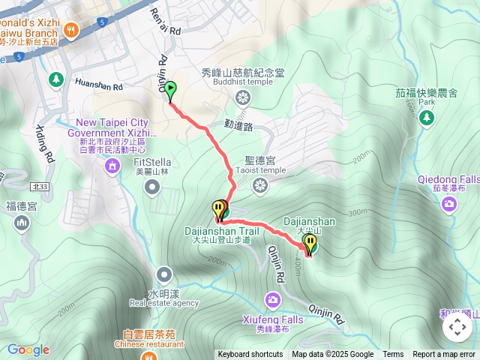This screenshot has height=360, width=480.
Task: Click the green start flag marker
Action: tap(170, 91)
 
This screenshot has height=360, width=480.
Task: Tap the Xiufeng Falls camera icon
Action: tap(272, 301)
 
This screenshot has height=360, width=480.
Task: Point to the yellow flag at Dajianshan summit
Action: tap(310, 244)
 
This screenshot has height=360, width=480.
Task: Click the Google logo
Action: tap(28, 349)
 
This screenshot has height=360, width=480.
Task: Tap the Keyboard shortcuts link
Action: tap(250, 355)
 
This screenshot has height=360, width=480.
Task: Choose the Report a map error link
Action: tap(444, 355)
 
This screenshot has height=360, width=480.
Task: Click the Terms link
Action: tap(393, 355)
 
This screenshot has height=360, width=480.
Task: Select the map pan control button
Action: tap(457, 327)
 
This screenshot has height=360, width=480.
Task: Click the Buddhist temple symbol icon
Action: tap(243, 97)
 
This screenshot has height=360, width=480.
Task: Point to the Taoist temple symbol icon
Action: tap(259, 184)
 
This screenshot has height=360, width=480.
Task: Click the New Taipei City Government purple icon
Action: tap(112, 165)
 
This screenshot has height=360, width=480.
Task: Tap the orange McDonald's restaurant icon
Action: tap(71, 30)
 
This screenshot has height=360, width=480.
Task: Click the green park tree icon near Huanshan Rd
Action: tap(56, 79)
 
